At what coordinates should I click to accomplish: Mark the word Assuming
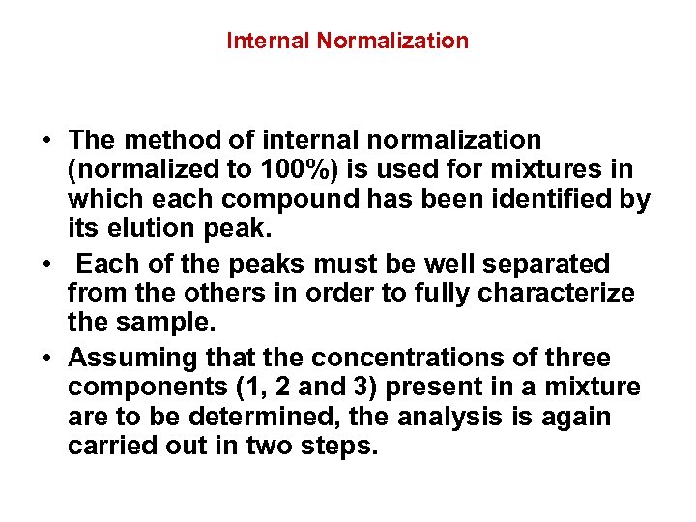pyautogui.click(x=132, y=358)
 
